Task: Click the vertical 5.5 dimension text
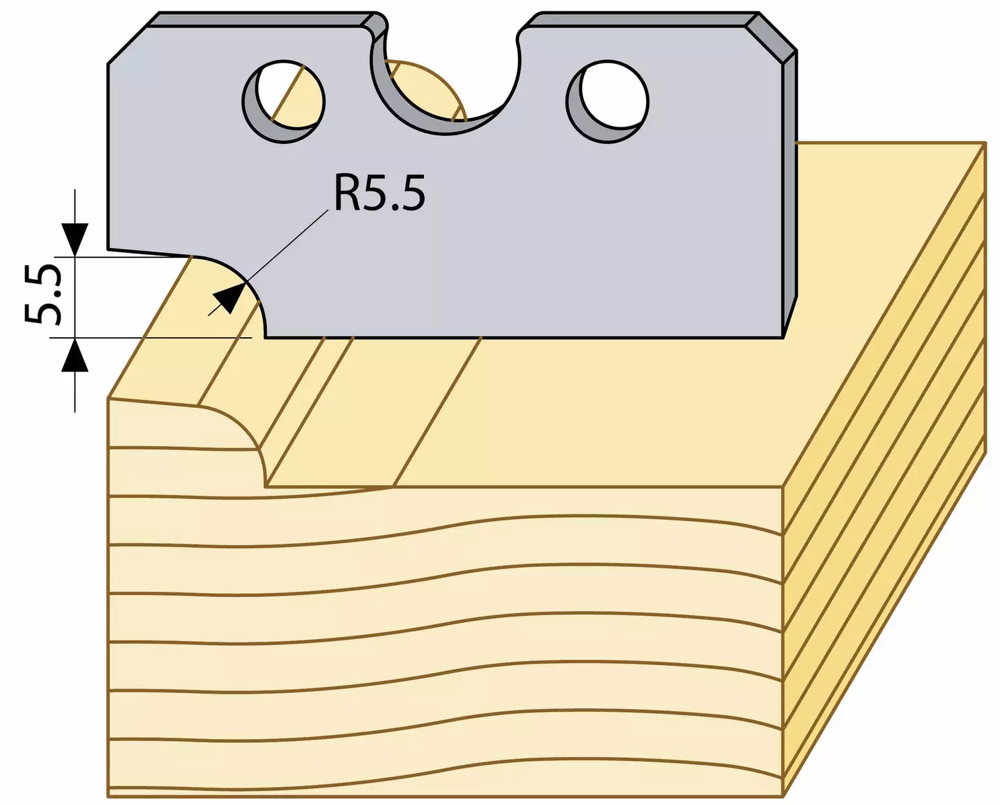(42, 295)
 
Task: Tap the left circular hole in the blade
(283, 102)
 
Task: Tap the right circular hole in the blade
(607, 102)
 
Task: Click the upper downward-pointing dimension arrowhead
(75, 239)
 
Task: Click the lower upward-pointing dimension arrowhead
(75, 355)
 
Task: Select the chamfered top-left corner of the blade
(127, 44)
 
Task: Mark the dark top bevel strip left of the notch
(265, 19)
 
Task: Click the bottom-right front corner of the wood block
(783, 796)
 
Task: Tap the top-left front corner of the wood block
(108, 398)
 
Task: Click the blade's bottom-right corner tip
(783, 338)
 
